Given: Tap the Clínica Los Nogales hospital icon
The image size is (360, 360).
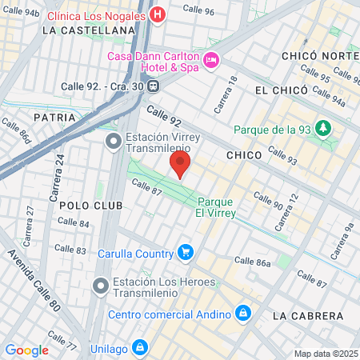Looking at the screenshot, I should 158,14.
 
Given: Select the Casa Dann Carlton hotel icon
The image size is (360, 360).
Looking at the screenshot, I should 211,59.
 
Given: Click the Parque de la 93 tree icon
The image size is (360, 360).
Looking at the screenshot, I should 322,128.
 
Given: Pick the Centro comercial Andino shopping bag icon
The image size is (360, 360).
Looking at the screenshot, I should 243,312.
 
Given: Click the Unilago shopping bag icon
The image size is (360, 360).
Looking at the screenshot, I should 139,347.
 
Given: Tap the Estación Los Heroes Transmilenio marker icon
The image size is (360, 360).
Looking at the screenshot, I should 100,286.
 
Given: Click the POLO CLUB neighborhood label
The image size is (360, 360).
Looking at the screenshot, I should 91,206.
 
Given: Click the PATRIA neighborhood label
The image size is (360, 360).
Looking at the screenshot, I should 55,117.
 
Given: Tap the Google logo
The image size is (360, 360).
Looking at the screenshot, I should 26,350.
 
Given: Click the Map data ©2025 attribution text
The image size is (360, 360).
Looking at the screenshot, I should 325,354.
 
